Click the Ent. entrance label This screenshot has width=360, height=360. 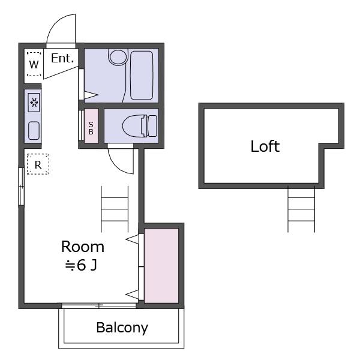[x=62, y=58]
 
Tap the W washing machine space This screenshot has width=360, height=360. [x=34, y=64]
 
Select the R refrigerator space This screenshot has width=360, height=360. [x=38, y=164]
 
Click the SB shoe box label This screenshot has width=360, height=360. [x=91, y=128]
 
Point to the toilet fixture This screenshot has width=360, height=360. [x=140, y=126]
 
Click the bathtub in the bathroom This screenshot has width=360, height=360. [x=142, y=76]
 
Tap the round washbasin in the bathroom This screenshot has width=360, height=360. [x=118, y=57]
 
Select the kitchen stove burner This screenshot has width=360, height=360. [x=34, y=103]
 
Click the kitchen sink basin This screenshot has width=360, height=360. [x=34, y=130]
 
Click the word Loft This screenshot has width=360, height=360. [x=265, y=146]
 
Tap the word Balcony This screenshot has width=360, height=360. [x=122, y=328]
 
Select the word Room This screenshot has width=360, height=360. [x=83, y=247]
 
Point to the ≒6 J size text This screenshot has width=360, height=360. [x=81, y=265]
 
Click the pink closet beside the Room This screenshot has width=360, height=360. [x=161, y=266]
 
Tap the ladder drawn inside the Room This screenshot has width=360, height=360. [x=115, y=209]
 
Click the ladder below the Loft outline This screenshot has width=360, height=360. [x=301, y=209]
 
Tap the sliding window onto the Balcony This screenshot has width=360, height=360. [x=99, y=306]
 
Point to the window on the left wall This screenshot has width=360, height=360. [x=21, y=187]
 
